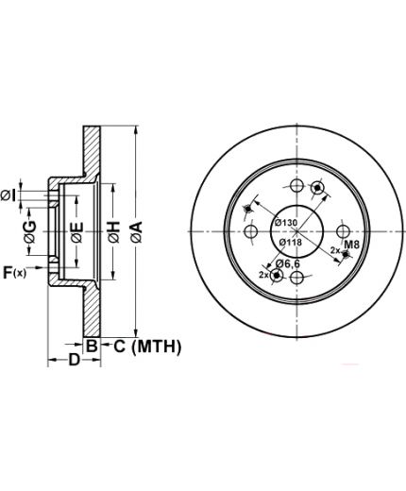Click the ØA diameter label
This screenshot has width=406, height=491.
pos(137,231)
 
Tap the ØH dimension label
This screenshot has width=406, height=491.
pos(113,232)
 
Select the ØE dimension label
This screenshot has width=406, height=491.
pos(76,232)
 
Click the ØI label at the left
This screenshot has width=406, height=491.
pos(8,196)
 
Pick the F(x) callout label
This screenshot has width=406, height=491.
pos(14,273)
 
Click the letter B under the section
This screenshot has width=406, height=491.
pos(92,346)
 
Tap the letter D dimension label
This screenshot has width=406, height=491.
pos(75,360)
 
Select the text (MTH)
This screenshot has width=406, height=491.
pos(157,347)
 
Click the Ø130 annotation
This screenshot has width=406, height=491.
pos(285,223)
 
